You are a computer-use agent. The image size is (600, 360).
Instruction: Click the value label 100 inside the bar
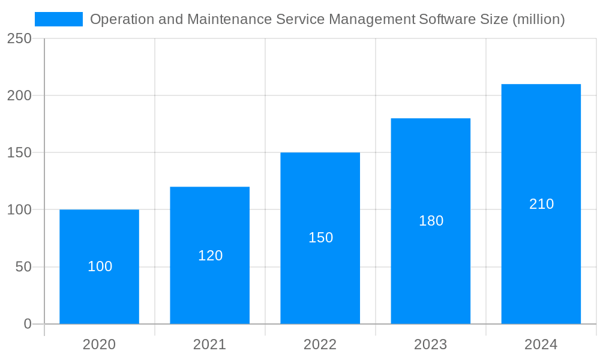pyautogui.click(x=100, y=266)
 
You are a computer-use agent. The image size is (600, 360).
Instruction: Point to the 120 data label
pyautogui.click(x=210, y=256)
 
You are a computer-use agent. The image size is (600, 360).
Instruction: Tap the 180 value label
pyautogui.click(x=431, y=221)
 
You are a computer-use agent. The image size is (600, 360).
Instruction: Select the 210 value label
pyautogui.click(x=541, y=204)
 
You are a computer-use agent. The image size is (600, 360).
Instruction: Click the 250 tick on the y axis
pyautogui.click(x=19, y=38)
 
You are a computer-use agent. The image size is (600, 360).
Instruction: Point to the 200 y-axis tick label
pyautogui.click(x=19, y=95)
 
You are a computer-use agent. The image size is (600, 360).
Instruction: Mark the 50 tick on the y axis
pyautogui.click(x=23, y=267)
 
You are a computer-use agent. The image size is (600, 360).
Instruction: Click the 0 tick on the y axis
pyautogui.click(x=28, y=324)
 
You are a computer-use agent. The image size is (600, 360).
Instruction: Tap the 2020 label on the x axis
pyautogui.click(x=99, y=344)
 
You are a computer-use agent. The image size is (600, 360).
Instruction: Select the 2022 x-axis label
pyautogui.click(x=320, y=344)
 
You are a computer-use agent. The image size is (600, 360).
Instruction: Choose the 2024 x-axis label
pyautogui.click(x=541, y=344)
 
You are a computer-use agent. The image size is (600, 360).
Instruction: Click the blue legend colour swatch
pyautogui.click(x=59, y=19)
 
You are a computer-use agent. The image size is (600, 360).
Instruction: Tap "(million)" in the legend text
pyautogui.click(x=538, y=19)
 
